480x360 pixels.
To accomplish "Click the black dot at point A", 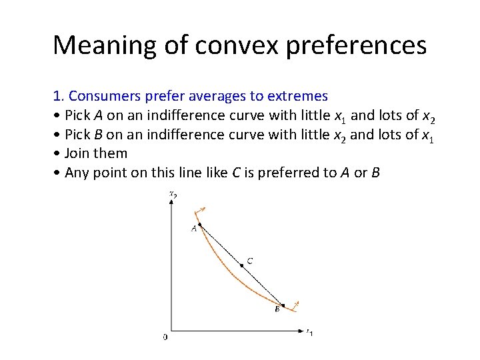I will point(200,224).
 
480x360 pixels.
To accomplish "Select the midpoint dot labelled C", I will point(241,265).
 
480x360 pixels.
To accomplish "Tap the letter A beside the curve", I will point(194,229).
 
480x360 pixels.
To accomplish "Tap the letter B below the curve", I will point(277,309).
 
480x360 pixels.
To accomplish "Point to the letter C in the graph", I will point(249,261).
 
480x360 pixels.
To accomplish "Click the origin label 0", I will point(165,337).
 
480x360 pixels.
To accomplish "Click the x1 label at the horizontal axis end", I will point(309,331).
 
